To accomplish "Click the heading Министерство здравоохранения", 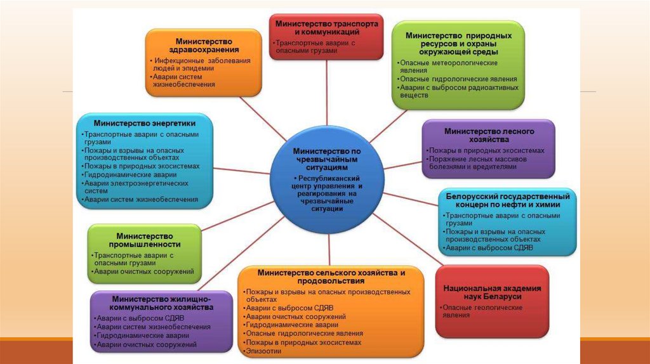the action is [x=204, y=45].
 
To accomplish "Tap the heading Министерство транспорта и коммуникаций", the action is [x=326, y=27].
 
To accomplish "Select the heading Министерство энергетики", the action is [x=145, y=123].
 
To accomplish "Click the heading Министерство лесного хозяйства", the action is [x=489, y=135].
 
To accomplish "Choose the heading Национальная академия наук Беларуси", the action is [x=492, y=292].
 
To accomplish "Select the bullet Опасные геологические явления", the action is [x=482, y=311].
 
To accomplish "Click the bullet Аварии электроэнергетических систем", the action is [x=136, y=186].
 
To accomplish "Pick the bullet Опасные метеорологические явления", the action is [x=448, y=67].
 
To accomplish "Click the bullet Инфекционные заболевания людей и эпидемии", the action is [x=201, y=65].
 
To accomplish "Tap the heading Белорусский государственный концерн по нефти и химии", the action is [x=507, y=200].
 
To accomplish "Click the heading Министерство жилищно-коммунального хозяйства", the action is [x=161, y=302].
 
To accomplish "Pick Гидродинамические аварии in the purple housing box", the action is [x=142, y=335].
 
